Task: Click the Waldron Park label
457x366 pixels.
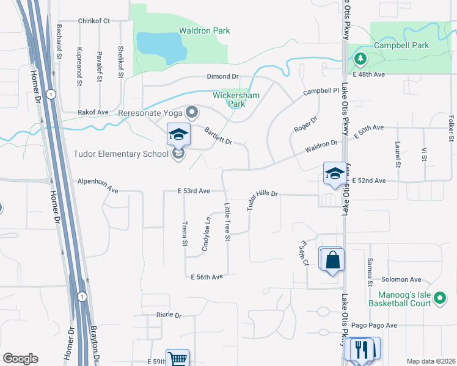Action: [x=204, y=30]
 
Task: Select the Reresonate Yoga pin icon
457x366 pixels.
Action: [x=192, y=112]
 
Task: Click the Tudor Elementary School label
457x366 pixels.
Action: [x=121, y=154]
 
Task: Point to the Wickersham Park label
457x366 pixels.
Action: [x=228, y=99]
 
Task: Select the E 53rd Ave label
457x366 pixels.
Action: [x=194, y=191]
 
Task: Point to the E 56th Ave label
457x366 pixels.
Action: [x=207, y=277]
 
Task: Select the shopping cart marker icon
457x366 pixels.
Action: [x=178, y=359]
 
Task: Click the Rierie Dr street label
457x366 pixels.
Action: [x=169, y=315]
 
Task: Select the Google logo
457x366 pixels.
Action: [x=20, y=359]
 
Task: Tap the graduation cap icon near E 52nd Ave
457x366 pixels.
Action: [x=335, y=173]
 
